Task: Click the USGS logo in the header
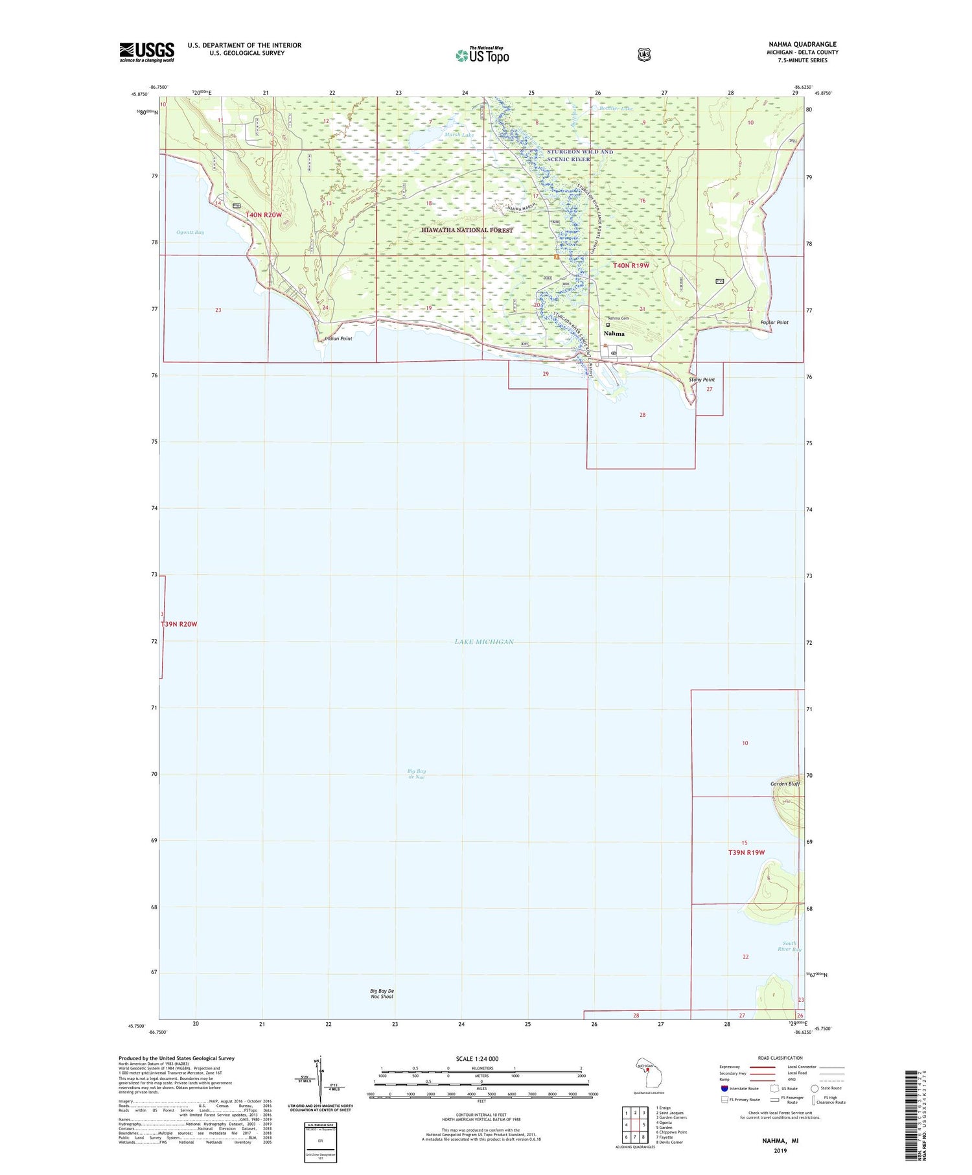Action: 146,52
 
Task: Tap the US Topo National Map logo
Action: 482,55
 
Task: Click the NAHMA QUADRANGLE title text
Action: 802,44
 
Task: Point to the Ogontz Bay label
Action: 190,232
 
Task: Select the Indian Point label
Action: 338,338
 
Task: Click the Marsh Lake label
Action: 459,135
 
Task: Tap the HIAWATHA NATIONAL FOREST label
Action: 467,230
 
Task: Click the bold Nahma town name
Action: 614,334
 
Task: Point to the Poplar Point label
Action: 774,322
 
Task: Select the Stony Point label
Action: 702,380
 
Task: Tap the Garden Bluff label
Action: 784,784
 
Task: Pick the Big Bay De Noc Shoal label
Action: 382,994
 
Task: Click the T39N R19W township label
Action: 746,852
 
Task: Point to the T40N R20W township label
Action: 263,215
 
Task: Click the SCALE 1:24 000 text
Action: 477,1059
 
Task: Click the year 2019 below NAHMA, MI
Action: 780,1151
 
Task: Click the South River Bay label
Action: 789,946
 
